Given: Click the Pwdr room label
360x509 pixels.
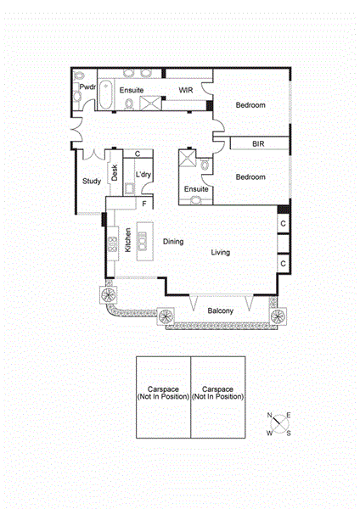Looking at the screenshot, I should coord(87,87).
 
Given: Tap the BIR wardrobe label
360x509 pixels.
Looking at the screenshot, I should coord(258,145).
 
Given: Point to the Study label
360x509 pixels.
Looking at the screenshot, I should coord(92,181).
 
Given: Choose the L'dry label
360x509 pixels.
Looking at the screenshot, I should coord(143,175).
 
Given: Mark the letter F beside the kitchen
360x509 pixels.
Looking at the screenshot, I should coord(144,204).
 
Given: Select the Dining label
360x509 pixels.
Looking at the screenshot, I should coord(173,242).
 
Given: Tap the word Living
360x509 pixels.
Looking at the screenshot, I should coord(221,253).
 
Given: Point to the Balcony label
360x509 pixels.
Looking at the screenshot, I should coord(221,310).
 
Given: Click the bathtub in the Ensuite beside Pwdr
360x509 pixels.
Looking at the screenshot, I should coord(106,95).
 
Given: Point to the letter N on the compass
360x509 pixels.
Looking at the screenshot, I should coord(270,415).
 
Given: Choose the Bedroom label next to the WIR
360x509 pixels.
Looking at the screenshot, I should coord(250,105).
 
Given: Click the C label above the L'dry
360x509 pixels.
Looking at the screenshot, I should coord(138,154).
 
